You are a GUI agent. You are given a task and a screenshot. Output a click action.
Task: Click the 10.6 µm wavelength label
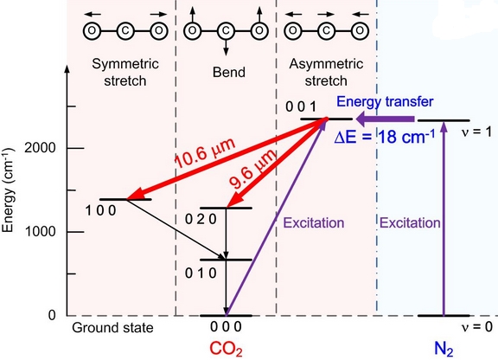[x=205, y=153]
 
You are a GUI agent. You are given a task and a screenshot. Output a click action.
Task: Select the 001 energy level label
[x=301, y=107]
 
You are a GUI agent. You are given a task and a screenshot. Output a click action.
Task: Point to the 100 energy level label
[x=100, y=210]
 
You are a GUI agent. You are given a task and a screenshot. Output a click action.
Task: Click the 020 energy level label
[x=201, y=219]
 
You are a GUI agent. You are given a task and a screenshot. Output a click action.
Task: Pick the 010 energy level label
[x=201, y=273]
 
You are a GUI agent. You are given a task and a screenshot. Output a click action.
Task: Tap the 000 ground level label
[x=226, y=326]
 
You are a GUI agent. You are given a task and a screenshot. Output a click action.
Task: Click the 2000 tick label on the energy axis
[x=40, y=148]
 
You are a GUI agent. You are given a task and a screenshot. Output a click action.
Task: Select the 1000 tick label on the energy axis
[x=40, y=232]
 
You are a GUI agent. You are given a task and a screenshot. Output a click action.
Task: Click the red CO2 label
[x=226, y=349]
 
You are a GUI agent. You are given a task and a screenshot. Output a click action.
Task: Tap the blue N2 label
[x=444, y=349]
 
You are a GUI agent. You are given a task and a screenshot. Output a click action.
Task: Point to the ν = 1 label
[x=477, y=132]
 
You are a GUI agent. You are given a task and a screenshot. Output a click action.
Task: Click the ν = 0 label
[x=477, y=326]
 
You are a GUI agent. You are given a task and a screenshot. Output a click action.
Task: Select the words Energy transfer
[x=385, y=102]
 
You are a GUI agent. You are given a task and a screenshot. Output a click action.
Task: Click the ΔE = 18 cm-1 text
[x=384, y=137]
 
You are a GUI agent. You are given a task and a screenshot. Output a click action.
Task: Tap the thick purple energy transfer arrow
[x=385, y=119]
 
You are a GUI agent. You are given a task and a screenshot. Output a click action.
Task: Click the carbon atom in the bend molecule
[x=226, y=31]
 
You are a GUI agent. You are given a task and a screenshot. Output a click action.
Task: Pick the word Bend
[x=228, y=72]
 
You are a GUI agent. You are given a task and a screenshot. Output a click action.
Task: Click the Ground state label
[x=112, y=328]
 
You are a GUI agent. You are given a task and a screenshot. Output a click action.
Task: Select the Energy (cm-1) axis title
[x=8, y=190]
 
